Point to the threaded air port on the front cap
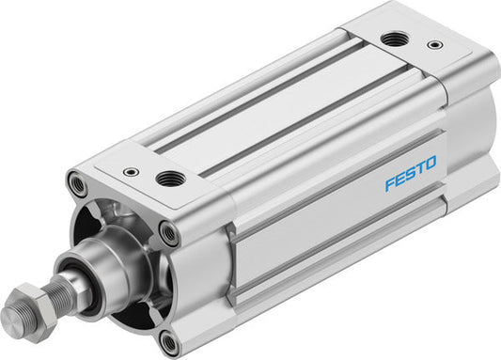click(x=171, y=177)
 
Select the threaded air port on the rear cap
click(x=392, y=39)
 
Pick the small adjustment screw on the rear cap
click(x=433, y=43)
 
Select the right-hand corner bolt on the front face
click(x=169, y=232)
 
